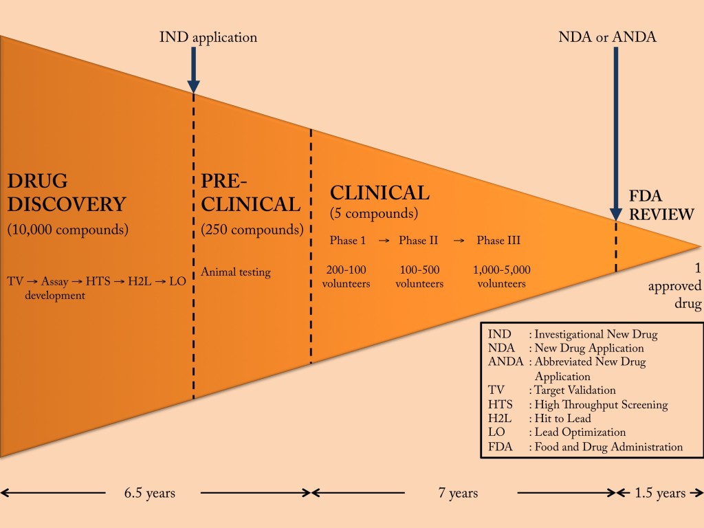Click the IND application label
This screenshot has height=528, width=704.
click(x=207, y=36)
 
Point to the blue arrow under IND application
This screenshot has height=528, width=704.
click(x=194, y=69)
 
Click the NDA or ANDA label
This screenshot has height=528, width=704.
click(x=607, y=36)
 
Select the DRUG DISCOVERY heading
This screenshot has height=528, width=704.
click(x=67, y=193)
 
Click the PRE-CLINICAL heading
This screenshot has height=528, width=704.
click(x=250, y=193)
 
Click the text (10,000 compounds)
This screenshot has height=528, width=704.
click(x=67, y=230)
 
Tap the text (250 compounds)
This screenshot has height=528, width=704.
click(x=252, y=230)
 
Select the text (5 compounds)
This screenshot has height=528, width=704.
click(x=374, y=213)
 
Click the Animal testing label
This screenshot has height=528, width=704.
click(x=236, y=272)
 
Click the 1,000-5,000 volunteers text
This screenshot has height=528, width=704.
click(x=502, y=276)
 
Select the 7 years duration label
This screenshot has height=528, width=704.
click(x=458, y=493)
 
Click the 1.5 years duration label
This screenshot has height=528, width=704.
click(x=661, y=493)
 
